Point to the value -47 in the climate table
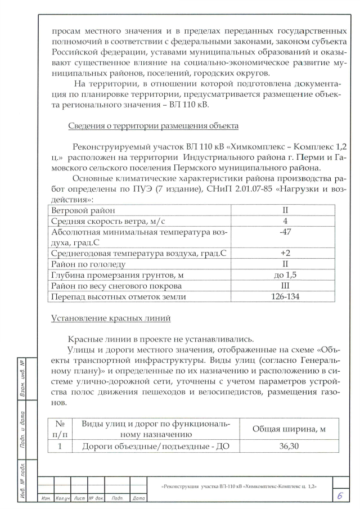(x=285, y=231)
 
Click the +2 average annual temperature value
(x=285, y=253)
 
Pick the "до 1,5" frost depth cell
(x=285, y=275)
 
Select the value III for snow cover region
(x=285, y=286)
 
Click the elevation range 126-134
(x=285, y=297)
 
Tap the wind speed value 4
(x=285, y=220)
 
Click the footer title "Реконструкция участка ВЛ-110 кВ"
(x=238, y=485)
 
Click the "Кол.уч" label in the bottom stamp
(x=62, y=498)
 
